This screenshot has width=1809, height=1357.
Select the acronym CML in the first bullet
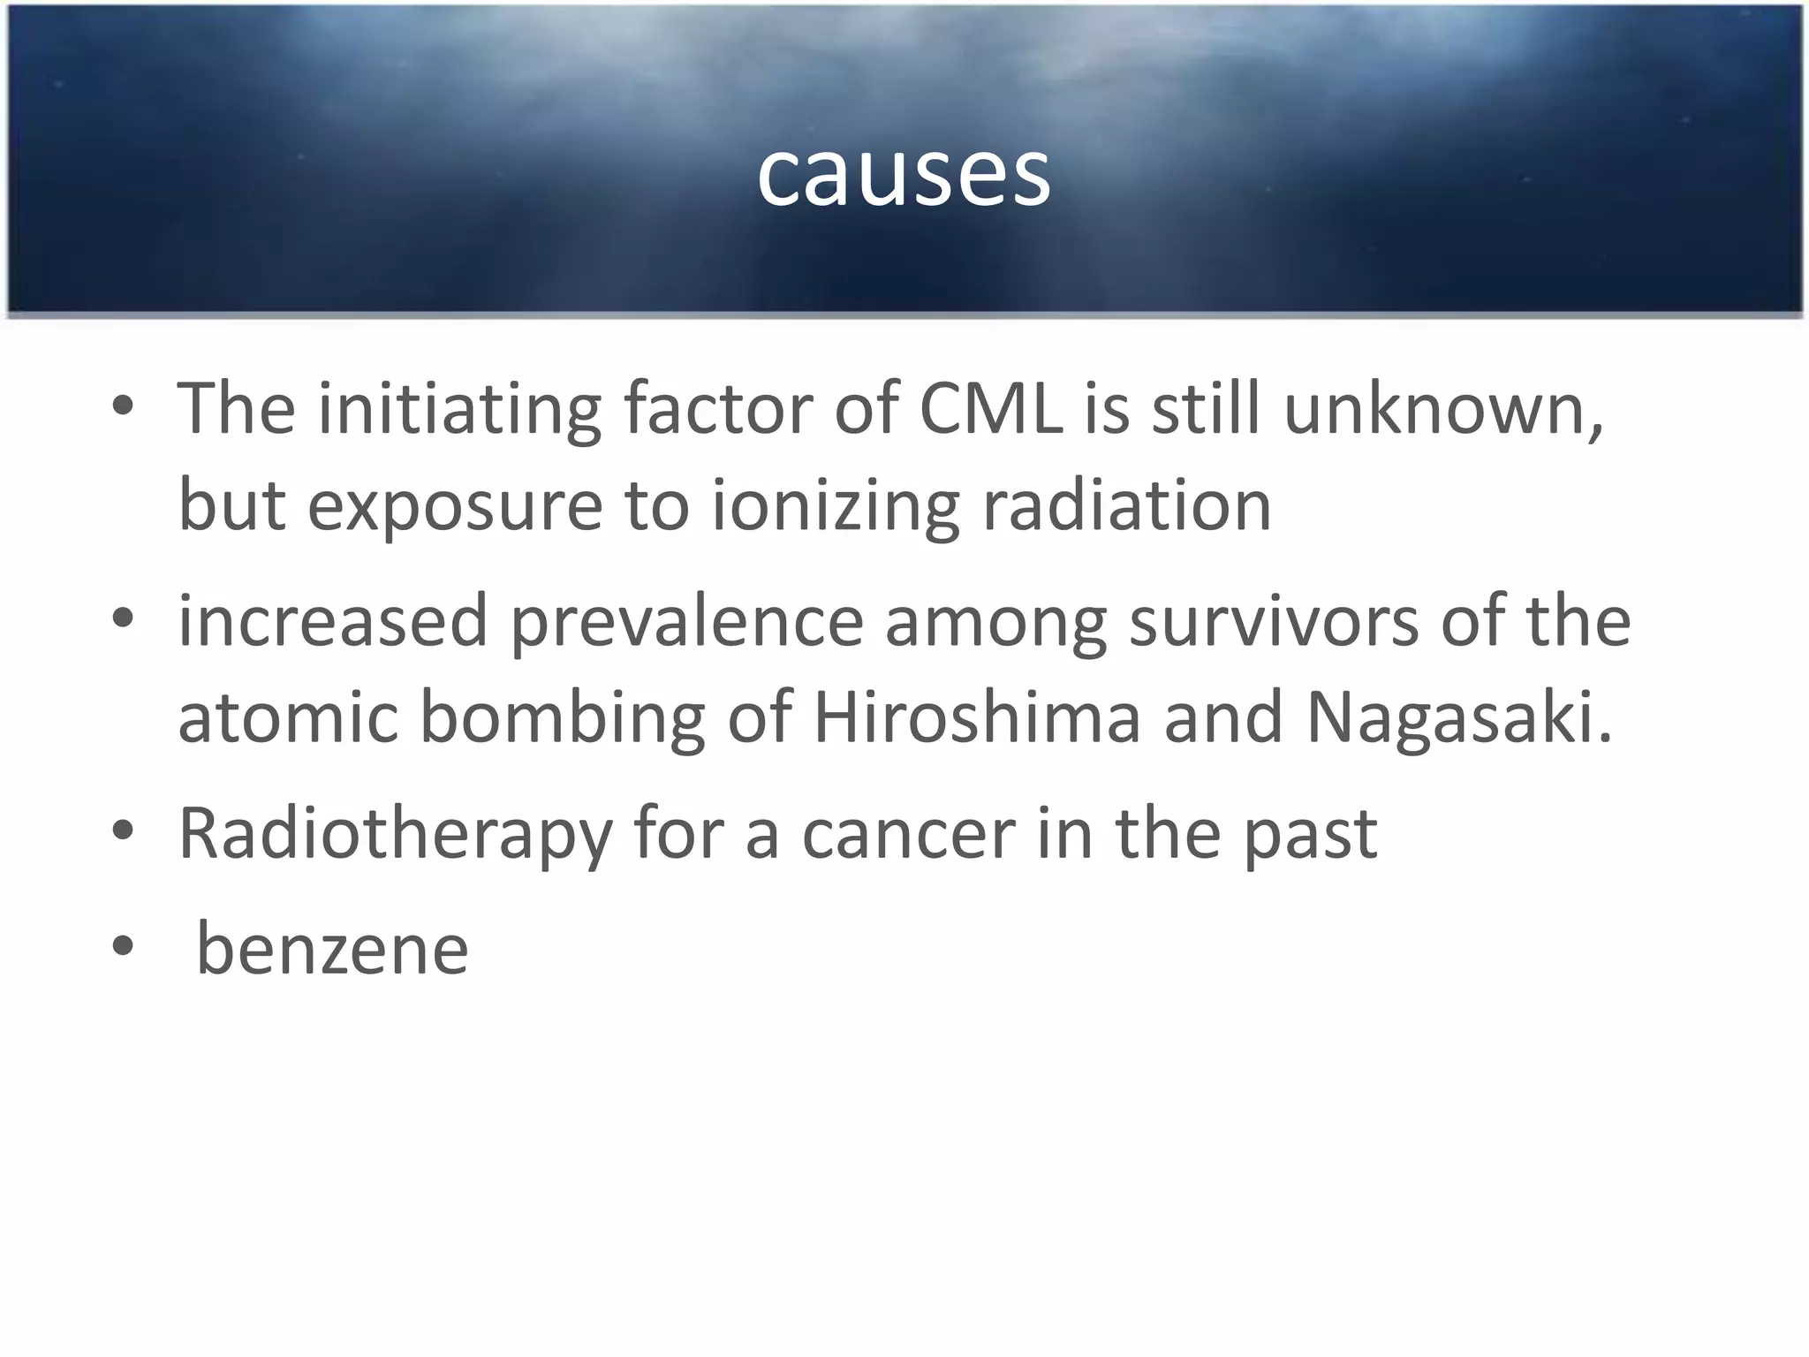point(991,410)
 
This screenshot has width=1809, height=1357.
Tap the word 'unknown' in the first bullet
point(1442,410)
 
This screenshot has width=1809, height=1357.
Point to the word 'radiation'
point(1126,505)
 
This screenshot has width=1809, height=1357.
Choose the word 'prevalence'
point(686,621)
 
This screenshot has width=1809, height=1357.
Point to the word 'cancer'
point(909,834)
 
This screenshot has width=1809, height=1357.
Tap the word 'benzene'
point(332,949)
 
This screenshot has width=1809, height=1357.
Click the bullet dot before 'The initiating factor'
point(123,406)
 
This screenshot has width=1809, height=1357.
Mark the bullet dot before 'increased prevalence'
point(123,618)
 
